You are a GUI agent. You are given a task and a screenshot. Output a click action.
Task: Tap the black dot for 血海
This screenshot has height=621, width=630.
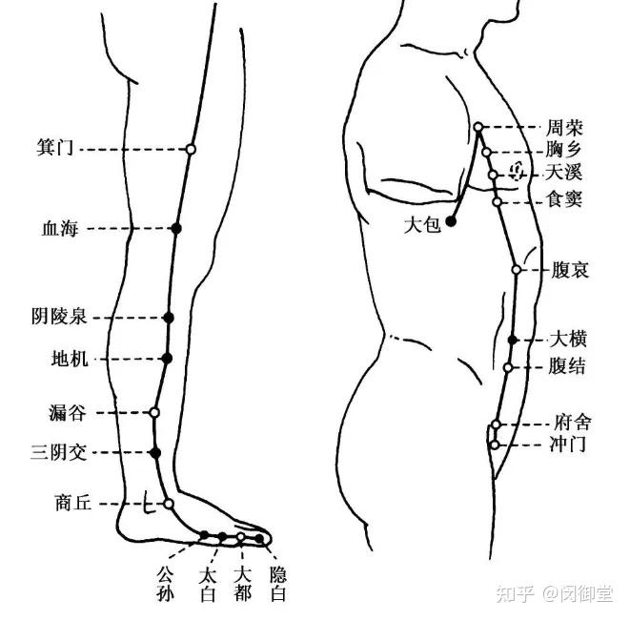[175, 228]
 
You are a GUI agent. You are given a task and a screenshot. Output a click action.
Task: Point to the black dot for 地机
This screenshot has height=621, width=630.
[167, 359]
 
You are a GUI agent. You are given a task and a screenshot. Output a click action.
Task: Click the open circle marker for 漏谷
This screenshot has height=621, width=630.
[154, 412]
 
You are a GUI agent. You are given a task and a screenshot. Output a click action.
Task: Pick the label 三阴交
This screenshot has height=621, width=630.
[59, 452]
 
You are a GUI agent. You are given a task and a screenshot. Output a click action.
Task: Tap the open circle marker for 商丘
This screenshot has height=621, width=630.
[169, 503]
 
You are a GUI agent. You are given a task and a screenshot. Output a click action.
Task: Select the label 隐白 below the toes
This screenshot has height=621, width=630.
[277, 584]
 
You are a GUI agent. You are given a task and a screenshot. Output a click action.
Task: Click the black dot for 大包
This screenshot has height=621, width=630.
[451, 220]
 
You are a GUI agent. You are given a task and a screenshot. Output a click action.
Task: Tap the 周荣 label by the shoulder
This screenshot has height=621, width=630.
[563, 127]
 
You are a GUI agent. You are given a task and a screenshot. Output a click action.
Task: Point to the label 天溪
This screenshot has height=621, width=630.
[563, 174]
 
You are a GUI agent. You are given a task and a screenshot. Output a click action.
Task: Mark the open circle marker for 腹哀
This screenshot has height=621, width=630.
[516, 270]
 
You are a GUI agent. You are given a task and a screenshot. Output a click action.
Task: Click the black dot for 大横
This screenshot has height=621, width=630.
[512, 340]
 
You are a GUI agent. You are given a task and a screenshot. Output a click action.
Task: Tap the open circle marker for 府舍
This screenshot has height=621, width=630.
[497, 424]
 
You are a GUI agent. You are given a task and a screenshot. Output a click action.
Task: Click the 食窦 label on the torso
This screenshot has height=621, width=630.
[563, 200]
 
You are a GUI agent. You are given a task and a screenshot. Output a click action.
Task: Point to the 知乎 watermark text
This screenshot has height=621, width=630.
[516, 594]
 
